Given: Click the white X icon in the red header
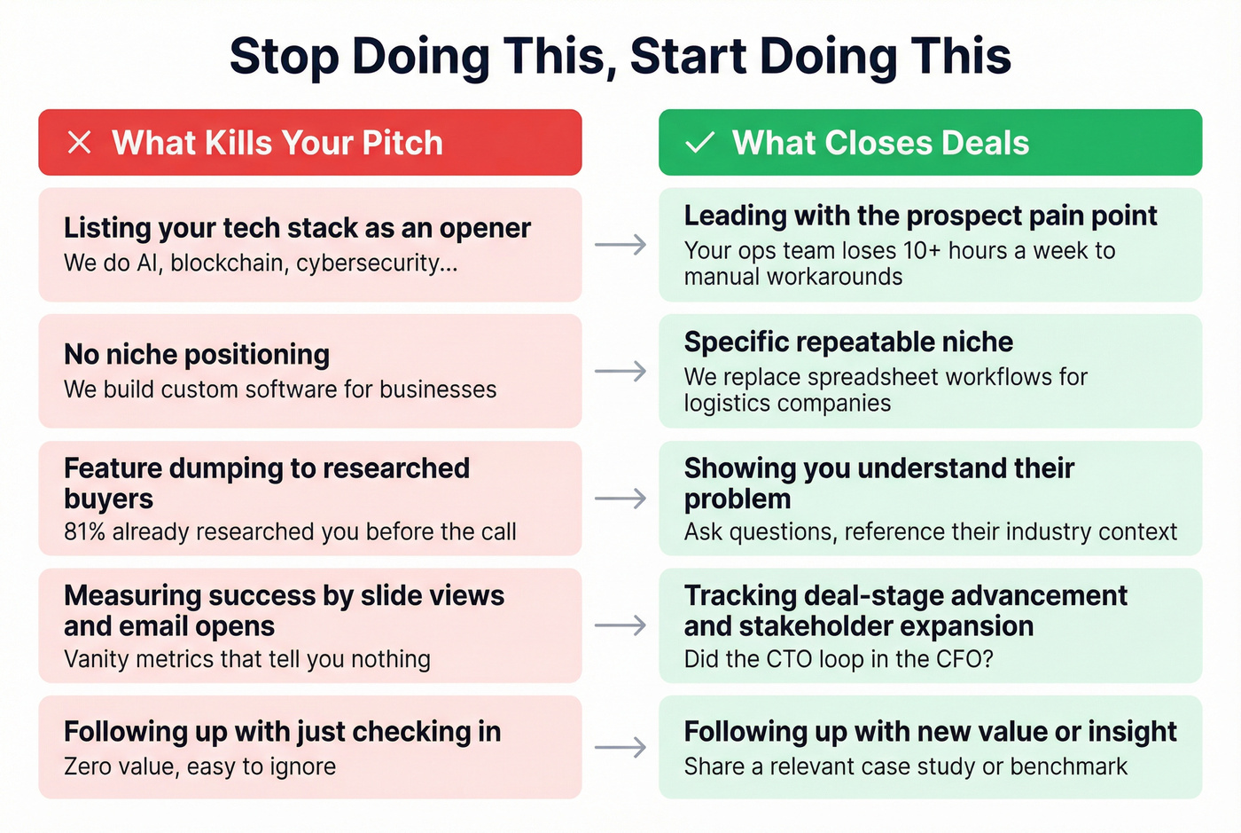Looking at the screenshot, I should tap(80, 143).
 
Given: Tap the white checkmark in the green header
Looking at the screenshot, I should tap(700, 143).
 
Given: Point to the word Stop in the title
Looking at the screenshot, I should tap(284, 56).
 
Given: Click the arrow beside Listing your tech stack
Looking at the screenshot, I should tap(620, 245).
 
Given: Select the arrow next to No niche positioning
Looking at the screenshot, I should tap(620, 371).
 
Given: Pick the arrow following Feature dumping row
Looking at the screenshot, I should tap(620, 499).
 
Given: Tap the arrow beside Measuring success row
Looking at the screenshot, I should tap(620, 625).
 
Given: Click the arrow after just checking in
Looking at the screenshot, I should tap(620, 748).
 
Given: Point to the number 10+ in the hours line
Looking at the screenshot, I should tap(922, 251).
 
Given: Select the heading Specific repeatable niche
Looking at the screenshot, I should tap(848, 342).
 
